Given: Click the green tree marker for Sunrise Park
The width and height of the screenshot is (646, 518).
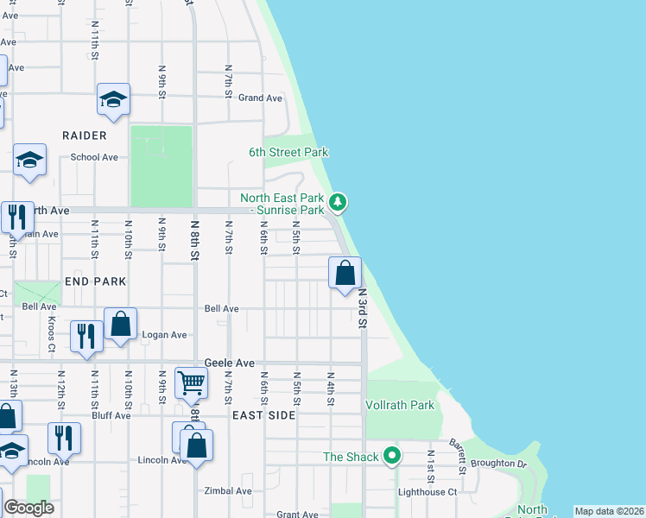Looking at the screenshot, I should (x=339, y=203).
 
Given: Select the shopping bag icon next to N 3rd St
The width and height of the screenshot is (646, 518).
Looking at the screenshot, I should (x=345, y=273).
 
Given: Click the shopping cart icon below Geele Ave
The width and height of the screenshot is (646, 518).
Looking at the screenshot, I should (x=191, y=382).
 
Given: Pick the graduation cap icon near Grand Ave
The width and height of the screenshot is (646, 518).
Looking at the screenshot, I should (x=113, y=99).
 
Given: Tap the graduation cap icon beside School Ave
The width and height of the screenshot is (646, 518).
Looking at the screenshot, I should (x=30, y=160).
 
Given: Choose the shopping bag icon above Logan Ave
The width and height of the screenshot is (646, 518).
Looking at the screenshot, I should (x=120, y=325).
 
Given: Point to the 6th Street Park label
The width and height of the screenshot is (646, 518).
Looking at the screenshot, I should (x=288, y=152).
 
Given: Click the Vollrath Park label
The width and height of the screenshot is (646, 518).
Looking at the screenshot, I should (x=400, y=405).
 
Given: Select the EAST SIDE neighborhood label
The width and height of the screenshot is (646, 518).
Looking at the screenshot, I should (x=263, y=415).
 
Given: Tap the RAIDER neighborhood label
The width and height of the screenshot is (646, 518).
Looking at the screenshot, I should (x=85, y=136).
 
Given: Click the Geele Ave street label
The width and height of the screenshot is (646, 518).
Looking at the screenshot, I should (x=230, y=363).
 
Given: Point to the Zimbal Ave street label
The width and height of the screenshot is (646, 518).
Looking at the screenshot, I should (x=228, y=490).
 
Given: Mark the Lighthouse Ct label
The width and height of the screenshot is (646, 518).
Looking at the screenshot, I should (x=427, y=491).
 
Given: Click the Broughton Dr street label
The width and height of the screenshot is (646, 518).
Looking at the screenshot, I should (x=498, y=464).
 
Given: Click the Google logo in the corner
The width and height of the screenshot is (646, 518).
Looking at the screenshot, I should (x=28, y=508).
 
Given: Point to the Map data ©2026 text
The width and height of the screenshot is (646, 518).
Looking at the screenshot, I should (x=609, y=511).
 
